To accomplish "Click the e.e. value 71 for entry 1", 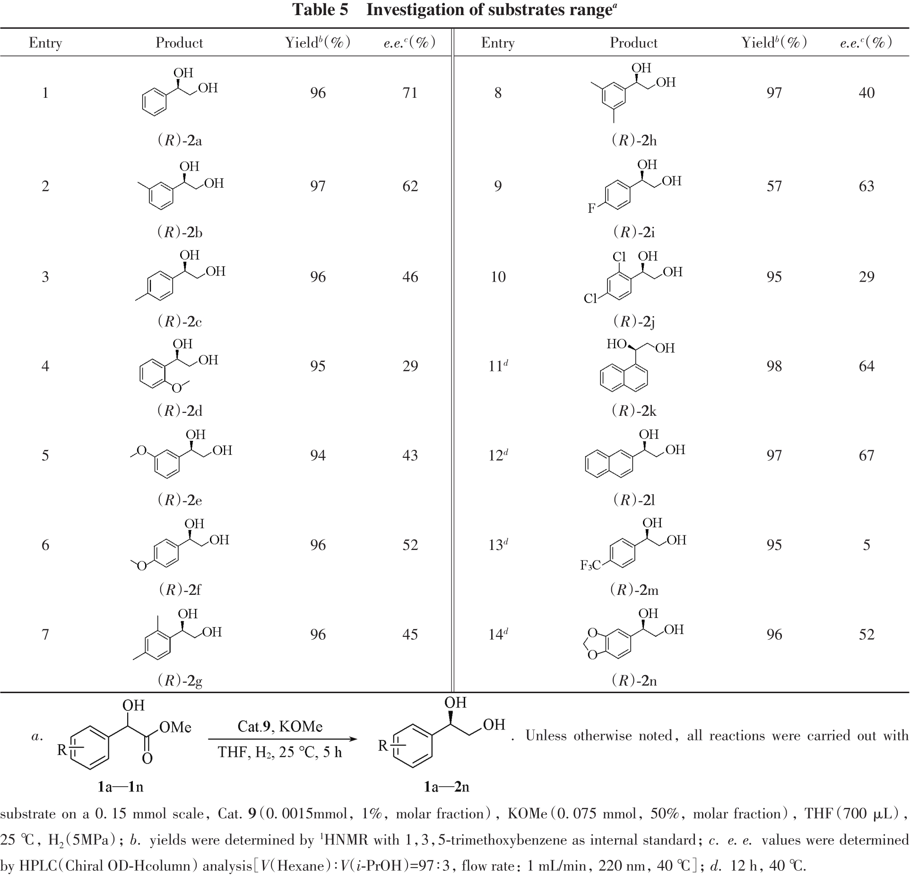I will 410,93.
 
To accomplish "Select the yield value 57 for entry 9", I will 774,186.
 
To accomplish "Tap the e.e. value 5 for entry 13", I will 866,545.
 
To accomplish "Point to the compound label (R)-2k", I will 634,411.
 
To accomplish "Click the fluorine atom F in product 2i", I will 591,208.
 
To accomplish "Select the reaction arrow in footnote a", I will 282,739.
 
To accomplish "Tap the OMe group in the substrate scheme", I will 175,727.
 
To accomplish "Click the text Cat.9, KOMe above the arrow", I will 280,726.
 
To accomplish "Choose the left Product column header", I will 179,43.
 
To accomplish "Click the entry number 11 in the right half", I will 496,366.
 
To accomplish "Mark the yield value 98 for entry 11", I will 774,366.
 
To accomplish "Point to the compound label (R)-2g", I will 179,680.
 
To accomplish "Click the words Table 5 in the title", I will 320,10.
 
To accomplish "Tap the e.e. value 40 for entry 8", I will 866,93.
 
